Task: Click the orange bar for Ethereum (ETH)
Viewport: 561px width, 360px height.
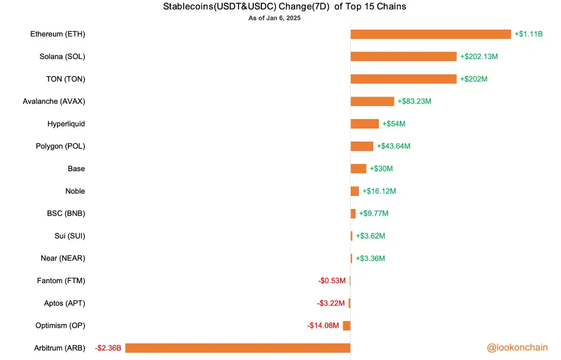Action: pyautogui.click(x=431, y=34)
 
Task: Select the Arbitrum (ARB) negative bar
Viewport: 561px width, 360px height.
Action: pyautogui.click(x=238, y=348)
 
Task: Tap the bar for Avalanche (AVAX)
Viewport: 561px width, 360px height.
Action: pyautogui.click(x=372, y=102)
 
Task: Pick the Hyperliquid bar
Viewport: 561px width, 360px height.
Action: pyautogui.click(x=365, y=124)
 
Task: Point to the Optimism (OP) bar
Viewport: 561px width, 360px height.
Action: pyautogui.click(x=347, y=326)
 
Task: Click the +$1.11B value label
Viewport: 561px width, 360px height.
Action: pyautogui.click(x=529, y=34)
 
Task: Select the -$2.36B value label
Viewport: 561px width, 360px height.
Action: pyautogui.click(x=108, y=348)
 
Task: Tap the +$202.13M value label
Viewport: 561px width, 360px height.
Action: pyautogui.click(x=479, y=57)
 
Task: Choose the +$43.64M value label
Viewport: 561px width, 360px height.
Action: pyautogui.click(x=394, y=146)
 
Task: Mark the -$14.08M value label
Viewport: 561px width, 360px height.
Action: pyautogui.click(x=323, y=325)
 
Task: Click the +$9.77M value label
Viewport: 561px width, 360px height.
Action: pyautogui.click(x=374, y=213)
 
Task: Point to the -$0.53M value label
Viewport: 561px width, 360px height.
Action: pyautogui.click(x=332, y=280)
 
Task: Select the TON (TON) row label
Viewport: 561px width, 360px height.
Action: pyautogui.click(x=66, y=79)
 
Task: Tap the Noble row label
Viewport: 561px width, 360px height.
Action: pyautogui.click(x=75, y=191)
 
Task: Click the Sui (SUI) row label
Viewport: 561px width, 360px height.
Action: pyautogui.click(x=70, y=236)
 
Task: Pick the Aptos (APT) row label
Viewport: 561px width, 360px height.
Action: pyautogui.click(x=65, y=303)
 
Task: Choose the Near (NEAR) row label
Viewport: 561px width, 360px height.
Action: pyautogui.click(x=63, y=258)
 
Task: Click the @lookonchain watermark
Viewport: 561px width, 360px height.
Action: pyautogui.click(x=517, y=348)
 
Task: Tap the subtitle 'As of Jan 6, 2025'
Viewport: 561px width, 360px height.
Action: pyautogui.click(x=274, y=18)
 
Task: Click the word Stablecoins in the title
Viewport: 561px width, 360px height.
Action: pyautogui.click(x=188, y=6)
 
